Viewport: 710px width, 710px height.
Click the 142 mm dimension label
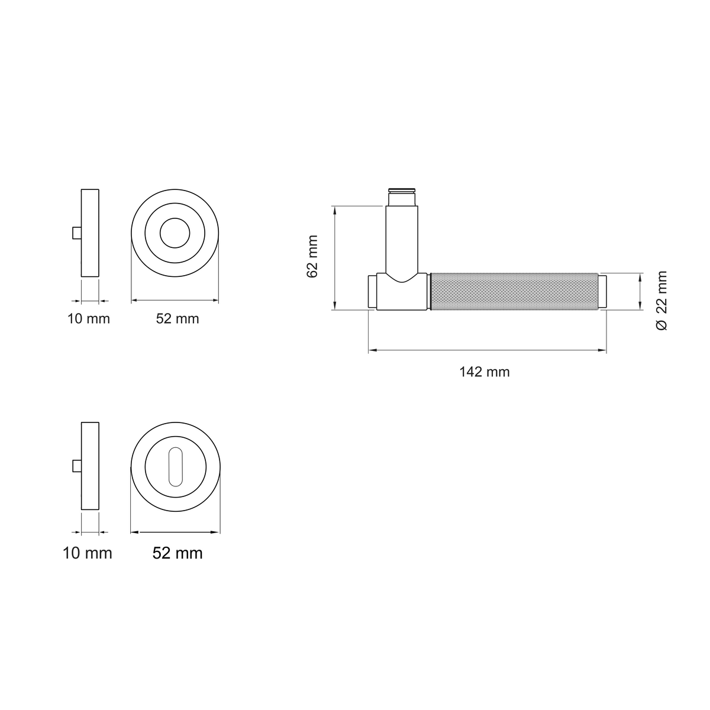coord(484,372)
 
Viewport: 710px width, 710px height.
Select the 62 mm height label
coord(312,256)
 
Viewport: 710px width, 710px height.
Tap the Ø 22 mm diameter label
coord(661,301)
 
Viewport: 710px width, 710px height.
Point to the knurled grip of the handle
coord(514,292)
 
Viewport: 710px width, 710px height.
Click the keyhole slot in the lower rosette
coord(175,466)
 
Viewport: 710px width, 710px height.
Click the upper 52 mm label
coord(177,319)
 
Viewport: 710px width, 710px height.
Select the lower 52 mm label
coord(177,553)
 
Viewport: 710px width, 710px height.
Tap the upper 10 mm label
coord(88,319)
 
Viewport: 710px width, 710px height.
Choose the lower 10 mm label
coord(88,553)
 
